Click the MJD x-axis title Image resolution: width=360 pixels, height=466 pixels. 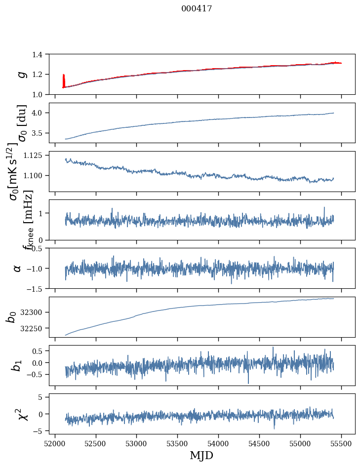(x=201, y=456)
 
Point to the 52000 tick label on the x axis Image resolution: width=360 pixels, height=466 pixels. (x=55, y=443)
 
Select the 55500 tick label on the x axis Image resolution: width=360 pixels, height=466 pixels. (x=341, y=443)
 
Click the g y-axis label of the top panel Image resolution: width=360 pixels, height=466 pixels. (x=21, y=74)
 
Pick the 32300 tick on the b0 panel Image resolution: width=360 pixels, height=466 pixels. (x=35, y=312)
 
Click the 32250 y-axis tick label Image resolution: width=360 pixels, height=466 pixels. (x=35, y=328)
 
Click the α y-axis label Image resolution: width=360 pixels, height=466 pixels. (x=18, y=268)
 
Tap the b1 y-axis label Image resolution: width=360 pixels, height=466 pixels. (x=18, y=365)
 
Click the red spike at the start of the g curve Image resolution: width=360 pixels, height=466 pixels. (x=64, y=79)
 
